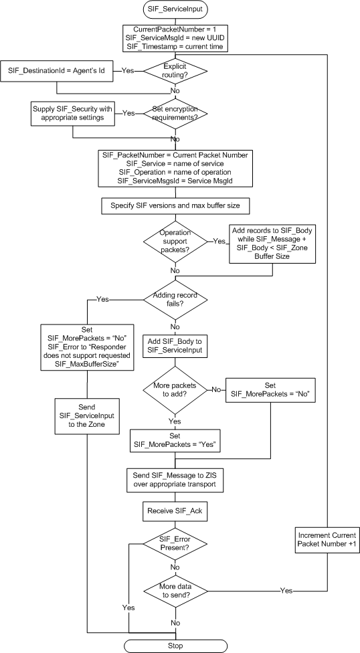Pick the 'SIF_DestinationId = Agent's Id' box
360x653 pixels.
coord(59,69)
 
